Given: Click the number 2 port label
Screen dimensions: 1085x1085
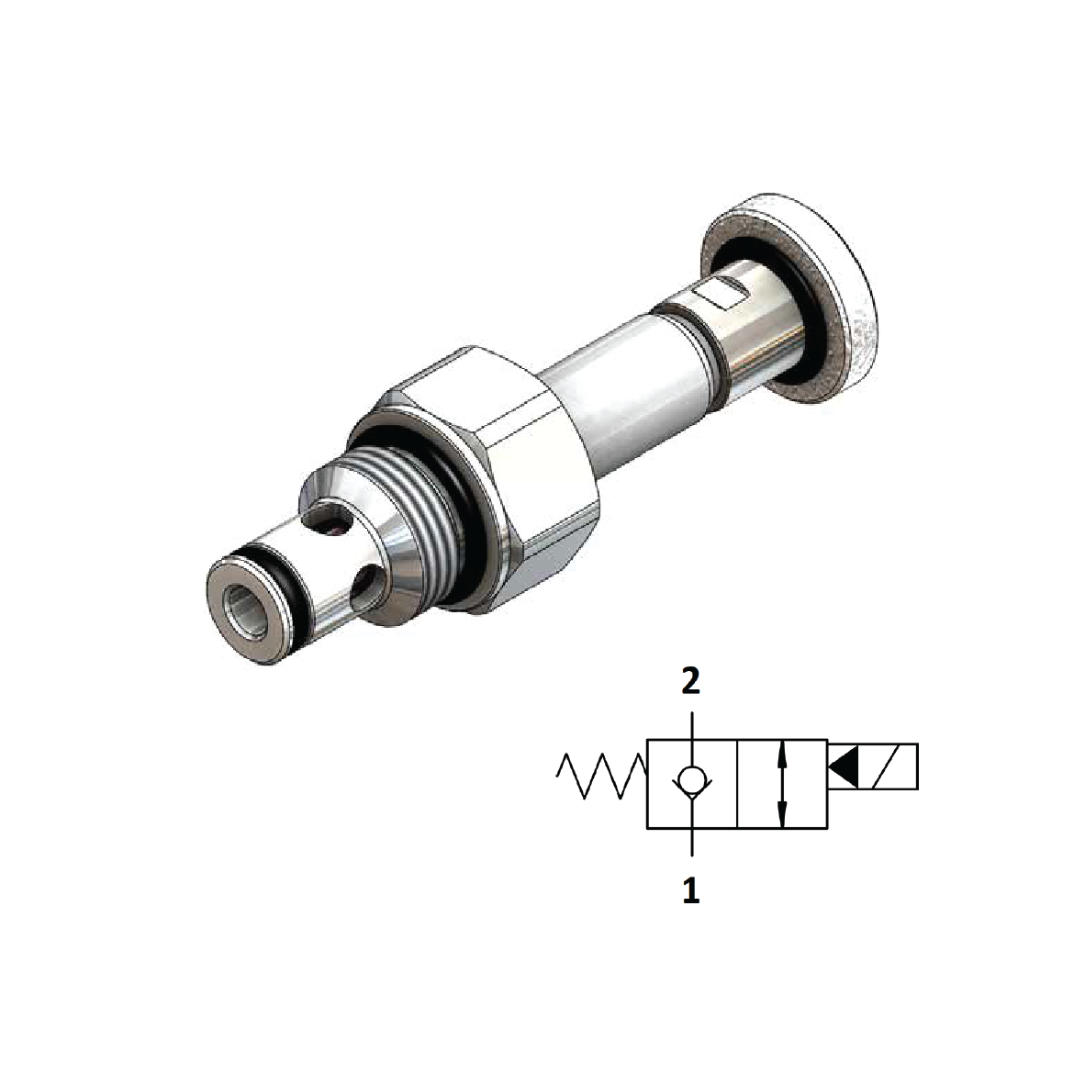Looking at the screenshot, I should (x=690, y=680).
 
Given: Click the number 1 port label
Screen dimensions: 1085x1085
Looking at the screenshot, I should (x=690, y=889).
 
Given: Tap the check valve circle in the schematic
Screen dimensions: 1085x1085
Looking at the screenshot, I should (x=691, y=781).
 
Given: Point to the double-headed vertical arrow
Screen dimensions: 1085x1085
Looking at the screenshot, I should (x=781, y=785).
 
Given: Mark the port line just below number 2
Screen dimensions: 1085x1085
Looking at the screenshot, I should (x=691, y=721).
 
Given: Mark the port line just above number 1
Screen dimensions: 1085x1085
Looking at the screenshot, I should (x=691, y=848).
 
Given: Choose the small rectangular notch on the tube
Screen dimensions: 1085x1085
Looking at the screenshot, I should (x=721, y=296).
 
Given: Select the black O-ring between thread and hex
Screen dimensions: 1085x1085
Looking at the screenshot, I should (x=459, y=514).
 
